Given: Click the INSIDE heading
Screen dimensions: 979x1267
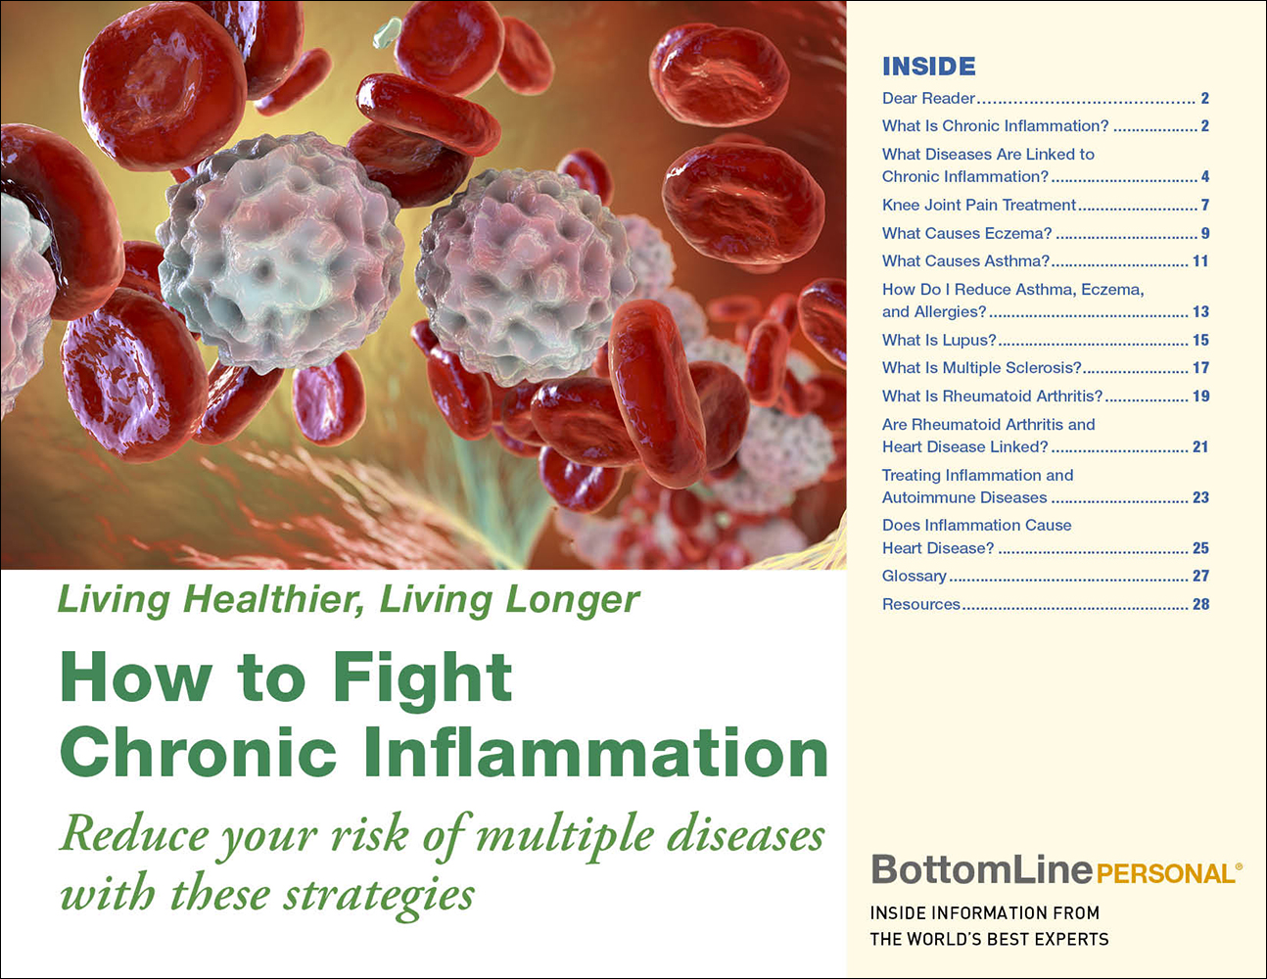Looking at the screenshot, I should click(x=928, y=67).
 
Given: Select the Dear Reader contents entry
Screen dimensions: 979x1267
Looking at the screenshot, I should click(x=928, y=98).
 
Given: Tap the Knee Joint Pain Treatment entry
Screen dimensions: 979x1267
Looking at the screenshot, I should click(x=978, y=205).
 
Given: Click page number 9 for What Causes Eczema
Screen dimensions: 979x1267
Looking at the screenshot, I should click(x=1205, y=233).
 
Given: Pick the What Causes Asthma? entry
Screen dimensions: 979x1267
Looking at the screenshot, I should click(x=965, y=260).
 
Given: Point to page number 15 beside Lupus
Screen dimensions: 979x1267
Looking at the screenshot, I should click(x=1200, y=340).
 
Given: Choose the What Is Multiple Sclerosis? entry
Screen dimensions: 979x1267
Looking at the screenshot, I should click(x=981, y=367).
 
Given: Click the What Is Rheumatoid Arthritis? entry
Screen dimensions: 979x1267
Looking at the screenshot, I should click(x=992, y=396).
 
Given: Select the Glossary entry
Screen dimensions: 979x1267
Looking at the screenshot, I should click(x=914, y=576).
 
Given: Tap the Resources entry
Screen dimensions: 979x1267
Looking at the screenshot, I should click(x=920, y=604).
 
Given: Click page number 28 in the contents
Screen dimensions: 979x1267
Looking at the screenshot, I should click(x=1200, y=604).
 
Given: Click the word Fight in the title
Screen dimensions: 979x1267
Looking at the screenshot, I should click(x=422, y=677).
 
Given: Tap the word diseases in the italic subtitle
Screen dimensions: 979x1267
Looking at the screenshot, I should click(x=745, y=834).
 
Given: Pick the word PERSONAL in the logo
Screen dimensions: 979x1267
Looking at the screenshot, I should click(x=1165, y=873).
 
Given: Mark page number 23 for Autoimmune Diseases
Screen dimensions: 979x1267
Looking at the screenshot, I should click(x=1200, y=497).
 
